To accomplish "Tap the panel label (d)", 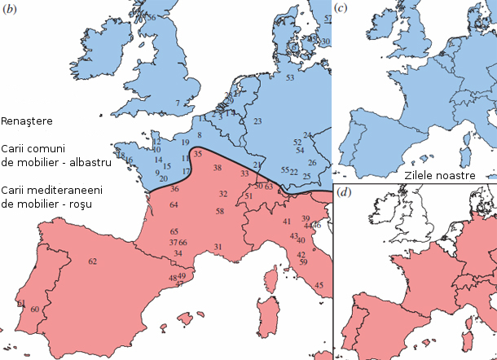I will [344, 193].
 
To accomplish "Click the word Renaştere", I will [27, 121].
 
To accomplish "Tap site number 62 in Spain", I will [93, 261].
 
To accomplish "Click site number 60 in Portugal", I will [34, 310].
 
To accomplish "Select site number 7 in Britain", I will [177, 103].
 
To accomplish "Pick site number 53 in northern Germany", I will [290, 77].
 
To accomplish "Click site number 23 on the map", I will [257, 121].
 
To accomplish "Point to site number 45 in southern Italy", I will [319, 285].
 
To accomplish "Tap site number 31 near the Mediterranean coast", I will [218, 247].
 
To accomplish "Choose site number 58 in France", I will [220, 212].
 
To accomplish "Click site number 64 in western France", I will [174, 205].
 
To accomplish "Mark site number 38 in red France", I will [217, 168].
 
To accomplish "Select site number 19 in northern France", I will [186, 143].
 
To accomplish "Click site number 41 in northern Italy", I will [287, 222].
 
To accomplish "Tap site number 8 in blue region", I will [199, 134].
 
